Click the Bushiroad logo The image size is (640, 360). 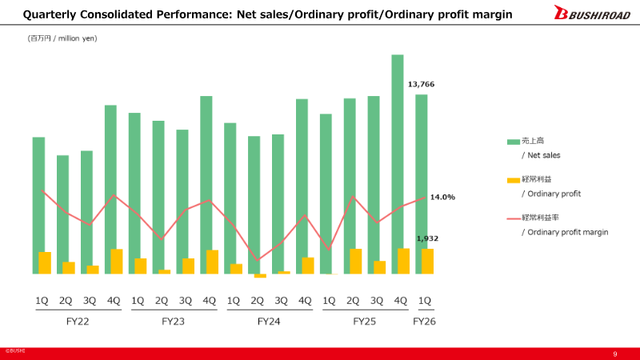[x=591, y=14]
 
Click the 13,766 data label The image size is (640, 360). [x=421, y=84]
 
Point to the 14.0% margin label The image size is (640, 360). [x=442, y=197]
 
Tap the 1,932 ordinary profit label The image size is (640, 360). [x=427, y=238]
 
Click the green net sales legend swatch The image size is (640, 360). [x=514, y=142]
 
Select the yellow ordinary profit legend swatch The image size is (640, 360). [x=514, y=180]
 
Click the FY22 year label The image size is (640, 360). [x=77, y=321]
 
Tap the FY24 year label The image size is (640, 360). [x=269, y=321]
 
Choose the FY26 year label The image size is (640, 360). [x=425, y=321]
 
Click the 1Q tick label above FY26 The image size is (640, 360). [x=425, y=301]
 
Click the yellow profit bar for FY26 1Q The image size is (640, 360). [x=428, y=262]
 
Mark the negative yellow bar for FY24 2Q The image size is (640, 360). [x=260, y=276]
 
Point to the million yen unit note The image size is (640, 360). [x=62, y=38]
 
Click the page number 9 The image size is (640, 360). [x=614, y=354]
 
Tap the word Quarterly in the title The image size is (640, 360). [x=50, y=14]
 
